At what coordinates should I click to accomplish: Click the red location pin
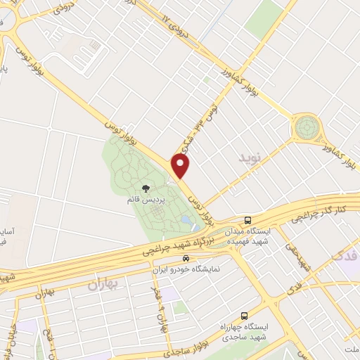pos(181,166)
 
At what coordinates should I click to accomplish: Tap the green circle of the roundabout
pos(307,128)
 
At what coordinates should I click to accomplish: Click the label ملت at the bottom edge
pos(351,349)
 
